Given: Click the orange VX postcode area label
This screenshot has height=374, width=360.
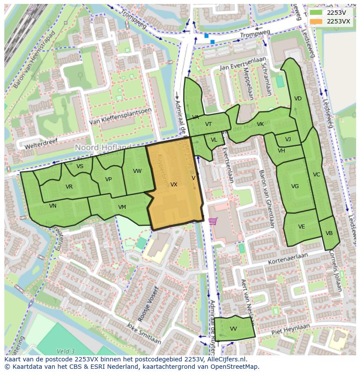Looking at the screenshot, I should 174,185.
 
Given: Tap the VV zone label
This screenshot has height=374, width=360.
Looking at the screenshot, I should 233,329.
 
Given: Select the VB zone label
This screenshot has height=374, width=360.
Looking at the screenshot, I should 329,233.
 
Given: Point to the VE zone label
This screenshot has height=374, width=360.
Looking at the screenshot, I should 301,227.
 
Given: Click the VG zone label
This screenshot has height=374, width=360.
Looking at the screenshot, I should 295,186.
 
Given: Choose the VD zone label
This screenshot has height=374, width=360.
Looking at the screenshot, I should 298,99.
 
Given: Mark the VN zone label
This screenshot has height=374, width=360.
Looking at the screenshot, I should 53,206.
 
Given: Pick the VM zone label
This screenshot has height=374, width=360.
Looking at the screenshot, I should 122,207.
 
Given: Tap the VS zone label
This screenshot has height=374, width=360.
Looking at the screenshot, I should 80,166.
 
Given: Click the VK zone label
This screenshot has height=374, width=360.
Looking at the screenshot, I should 260,124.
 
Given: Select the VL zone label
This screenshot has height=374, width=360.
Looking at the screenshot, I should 214,140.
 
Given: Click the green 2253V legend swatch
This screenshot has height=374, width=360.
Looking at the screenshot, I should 316,13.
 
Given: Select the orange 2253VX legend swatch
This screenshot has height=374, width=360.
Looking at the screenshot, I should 316,21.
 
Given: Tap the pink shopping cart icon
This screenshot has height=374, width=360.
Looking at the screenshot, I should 213,221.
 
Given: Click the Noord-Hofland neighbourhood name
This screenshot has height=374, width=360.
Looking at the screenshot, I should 103,148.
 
